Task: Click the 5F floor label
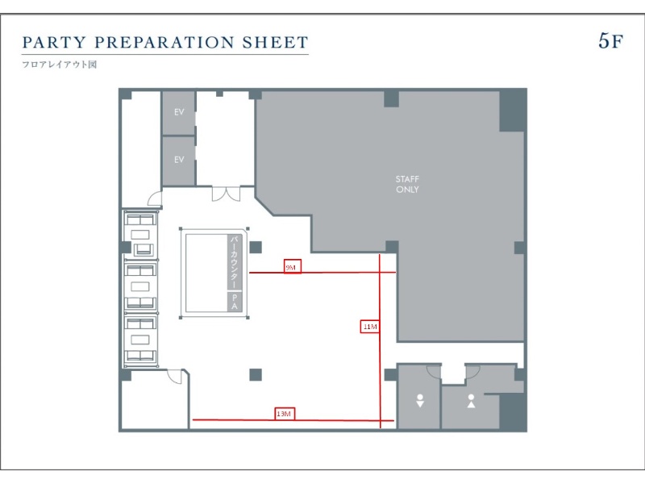click(x=610, y=41)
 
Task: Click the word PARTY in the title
click(x=54, y=42)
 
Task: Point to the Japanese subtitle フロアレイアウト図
click(x=59, y=65)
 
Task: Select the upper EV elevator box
click(x=178, y=112)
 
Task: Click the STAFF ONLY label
click(x=407, y=185)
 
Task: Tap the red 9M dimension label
click(x=292, y=267)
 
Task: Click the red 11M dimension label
click(x=370, y=327)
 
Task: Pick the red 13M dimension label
click(x=285, y=414)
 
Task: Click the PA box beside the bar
click(x=235, y=302)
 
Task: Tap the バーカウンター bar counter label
click(x=234, y=262)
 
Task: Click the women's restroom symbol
click(x=420, y=400)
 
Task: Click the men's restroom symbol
click(x=472, y=401)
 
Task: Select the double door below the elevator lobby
click(x=226, y=194)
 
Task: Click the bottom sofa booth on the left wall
click(x=140, y=340)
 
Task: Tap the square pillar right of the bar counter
click(x=256, y=248)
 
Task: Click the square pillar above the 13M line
click(x=256, y=374)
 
